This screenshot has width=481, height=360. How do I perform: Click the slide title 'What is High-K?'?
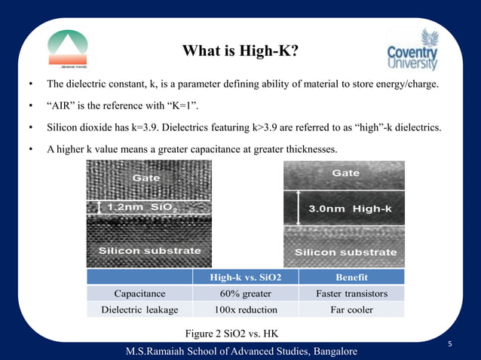coord(240,51)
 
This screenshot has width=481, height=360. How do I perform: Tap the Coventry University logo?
coord(413,52)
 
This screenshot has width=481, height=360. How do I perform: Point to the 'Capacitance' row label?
coord(139,294)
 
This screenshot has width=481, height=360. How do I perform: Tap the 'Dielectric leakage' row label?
coord(139,310)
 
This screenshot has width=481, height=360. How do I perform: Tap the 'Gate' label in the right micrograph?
coord(346,174)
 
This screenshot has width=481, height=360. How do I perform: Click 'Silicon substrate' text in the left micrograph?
coord(150,251)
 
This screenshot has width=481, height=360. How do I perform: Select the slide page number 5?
coord(449,344)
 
